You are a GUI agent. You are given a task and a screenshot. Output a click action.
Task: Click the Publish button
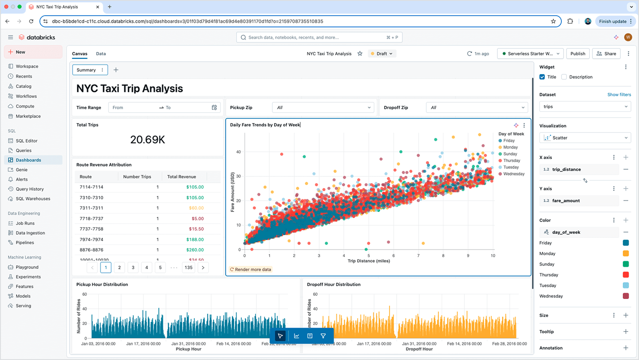pyautogui.click(x=578, y=53)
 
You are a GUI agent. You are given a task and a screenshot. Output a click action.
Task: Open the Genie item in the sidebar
pyautogui.click(x=22, y=170)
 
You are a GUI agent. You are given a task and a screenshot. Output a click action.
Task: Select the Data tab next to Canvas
pyautogui.click(x=101, y=53)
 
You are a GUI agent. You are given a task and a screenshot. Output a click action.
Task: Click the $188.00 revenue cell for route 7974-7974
pyautogui.click(x=195, y=239)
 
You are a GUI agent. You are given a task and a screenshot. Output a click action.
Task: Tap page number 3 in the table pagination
pyautogui.click(x=133, y=268)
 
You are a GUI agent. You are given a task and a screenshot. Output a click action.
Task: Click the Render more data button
pyautogui.click(x=251, y=269)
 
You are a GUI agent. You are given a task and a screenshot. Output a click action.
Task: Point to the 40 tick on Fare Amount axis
pyautogui.click(x=238, y=152)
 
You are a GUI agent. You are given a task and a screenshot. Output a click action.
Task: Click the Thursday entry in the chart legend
pyautogui.click(x=511, y=160)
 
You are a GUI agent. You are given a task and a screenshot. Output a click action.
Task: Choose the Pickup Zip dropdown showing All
pyautogui.click(x=323, y=107)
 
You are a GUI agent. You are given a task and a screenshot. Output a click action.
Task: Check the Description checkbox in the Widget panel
pyautogui.click(x=564, y=77)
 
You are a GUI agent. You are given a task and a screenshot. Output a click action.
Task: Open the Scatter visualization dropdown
pyautogui.click(x=585, y=138)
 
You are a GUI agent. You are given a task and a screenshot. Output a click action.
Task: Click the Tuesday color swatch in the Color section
pyautogui.click(x=626, y=285)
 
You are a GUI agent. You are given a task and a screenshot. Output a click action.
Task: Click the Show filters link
pyautogui.click(x=619, y=95)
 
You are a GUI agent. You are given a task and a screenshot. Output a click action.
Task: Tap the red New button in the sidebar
pyautogui.click(x=33, y=52)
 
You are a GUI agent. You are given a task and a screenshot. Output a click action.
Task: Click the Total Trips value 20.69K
pyautogui.click(x=148, y=140)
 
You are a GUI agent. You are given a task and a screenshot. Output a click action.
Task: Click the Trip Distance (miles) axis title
pyautogui.click(x=369, y=261)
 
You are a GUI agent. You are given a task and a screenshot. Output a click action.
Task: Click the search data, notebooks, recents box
pyautogui.click(x=319, y=37)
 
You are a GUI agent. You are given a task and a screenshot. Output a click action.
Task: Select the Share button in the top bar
pyautogui.click(x=606, y=53)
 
